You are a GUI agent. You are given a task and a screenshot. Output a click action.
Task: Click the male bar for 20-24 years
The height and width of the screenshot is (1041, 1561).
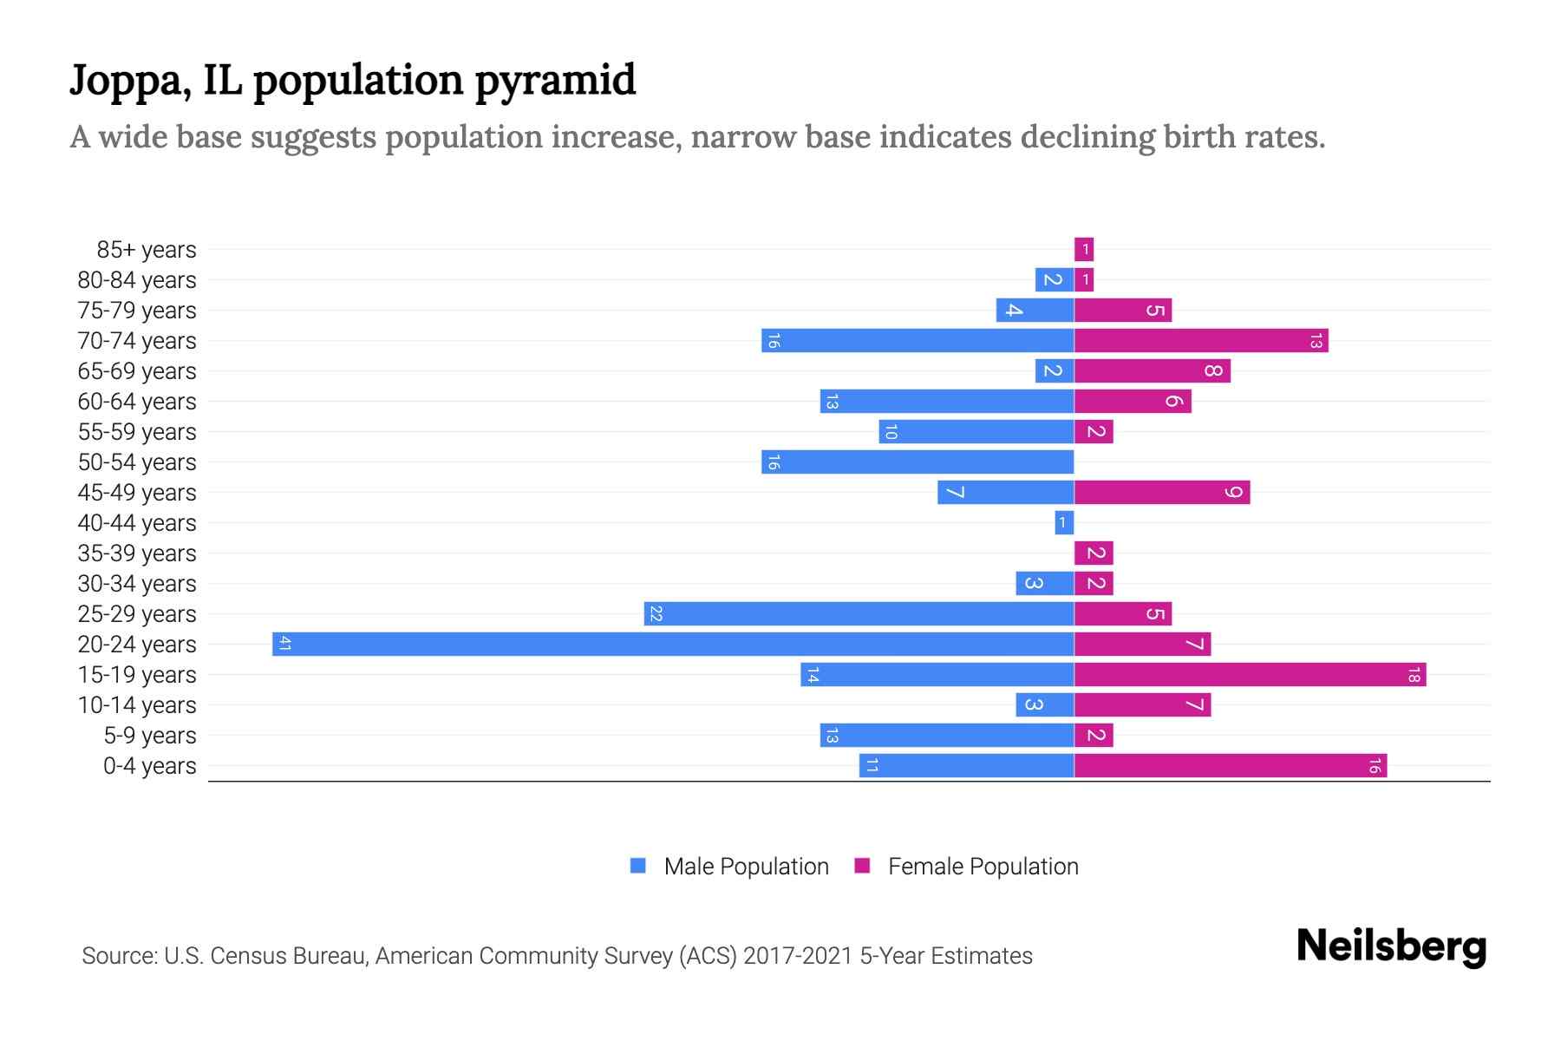673,644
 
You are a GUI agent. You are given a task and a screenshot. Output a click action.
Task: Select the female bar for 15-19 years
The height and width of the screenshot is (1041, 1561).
1250,674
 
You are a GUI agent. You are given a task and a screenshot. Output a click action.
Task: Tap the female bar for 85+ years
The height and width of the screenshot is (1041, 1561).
1084,250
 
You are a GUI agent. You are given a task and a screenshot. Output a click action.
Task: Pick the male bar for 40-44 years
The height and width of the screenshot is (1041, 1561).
1064,522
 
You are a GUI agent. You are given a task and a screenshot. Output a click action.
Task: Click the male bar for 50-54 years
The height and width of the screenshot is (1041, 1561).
918,462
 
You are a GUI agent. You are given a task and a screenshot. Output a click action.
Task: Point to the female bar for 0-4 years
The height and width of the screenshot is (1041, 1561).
1230,765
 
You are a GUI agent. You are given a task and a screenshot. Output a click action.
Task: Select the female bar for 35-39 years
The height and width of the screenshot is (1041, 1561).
1094,553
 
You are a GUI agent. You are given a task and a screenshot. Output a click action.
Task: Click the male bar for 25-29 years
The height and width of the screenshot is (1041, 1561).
859,613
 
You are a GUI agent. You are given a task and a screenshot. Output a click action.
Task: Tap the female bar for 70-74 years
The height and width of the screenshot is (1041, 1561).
1201,340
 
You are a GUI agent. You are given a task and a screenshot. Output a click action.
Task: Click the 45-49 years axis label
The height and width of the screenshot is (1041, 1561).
137,493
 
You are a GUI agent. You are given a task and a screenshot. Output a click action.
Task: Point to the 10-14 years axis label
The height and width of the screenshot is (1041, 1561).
137,705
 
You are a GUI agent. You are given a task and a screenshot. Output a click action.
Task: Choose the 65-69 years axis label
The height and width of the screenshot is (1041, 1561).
137,371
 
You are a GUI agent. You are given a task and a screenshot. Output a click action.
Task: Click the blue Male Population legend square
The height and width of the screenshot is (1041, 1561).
638,866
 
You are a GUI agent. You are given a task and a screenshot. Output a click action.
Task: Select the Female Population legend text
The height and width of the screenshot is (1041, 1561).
983,867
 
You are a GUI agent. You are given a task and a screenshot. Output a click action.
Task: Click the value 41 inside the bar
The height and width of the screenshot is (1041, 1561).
284,644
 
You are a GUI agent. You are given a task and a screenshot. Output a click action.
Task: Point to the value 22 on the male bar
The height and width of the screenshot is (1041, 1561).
656,613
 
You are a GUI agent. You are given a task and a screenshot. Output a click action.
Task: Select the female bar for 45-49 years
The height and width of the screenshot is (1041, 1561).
1162,492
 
